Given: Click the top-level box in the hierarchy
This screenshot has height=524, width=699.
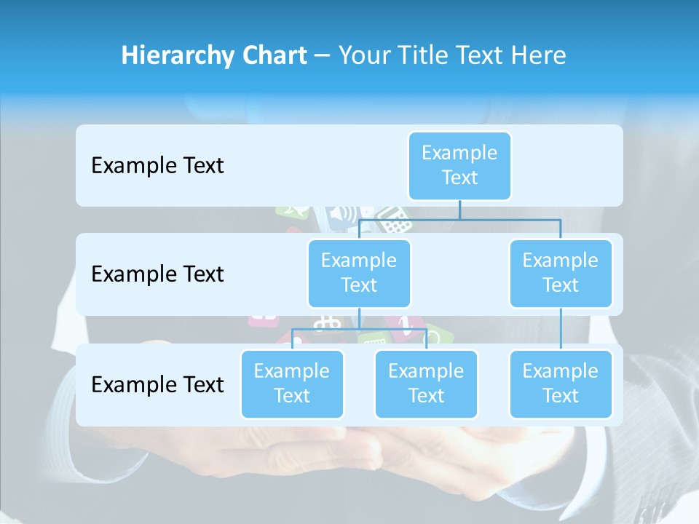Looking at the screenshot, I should (x=459, y=165).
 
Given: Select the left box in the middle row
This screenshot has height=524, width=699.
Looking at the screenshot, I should (x=359, y=273).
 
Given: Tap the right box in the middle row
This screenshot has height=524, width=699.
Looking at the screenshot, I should (x=561, y=273).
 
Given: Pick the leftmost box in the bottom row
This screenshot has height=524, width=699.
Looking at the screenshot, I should (x=292, y=384).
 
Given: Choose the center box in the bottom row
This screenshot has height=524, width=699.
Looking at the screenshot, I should (x=426, y=384).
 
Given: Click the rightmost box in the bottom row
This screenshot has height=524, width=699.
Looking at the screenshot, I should (x=561, y=384).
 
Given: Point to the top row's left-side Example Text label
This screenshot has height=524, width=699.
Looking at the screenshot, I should (x=157, y=166).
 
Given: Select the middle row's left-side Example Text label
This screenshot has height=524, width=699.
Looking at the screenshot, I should (x=157, y=274).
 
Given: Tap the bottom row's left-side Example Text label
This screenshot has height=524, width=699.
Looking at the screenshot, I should (x=157, y=384).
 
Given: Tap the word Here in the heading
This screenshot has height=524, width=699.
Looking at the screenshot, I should (x=540, y=55).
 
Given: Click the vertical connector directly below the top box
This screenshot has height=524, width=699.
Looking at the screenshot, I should (x=459, y=210).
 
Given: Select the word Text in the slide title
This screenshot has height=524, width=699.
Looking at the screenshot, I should (x=482, y=55).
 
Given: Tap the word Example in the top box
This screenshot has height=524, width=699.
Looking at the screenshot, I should (x=459, y=153).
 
